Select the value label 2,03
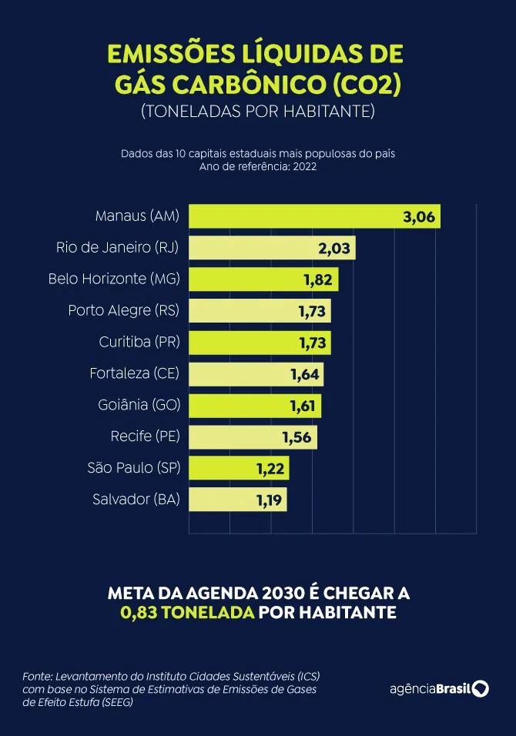[334, 248]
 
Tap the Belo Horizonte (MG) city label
[113, 279]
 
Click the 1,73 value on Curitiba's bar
[313, 342]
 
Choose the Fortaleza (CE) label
[134, 373]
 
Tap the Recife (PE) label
[145, 437]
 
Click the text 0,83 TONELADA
[187, 613]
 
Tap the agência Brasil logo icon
[481, 688]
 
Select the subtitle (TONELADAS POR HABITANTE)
[257, 111]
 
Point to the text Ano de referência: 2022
[257, 166]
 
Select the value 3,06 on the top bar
[419, 217]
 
